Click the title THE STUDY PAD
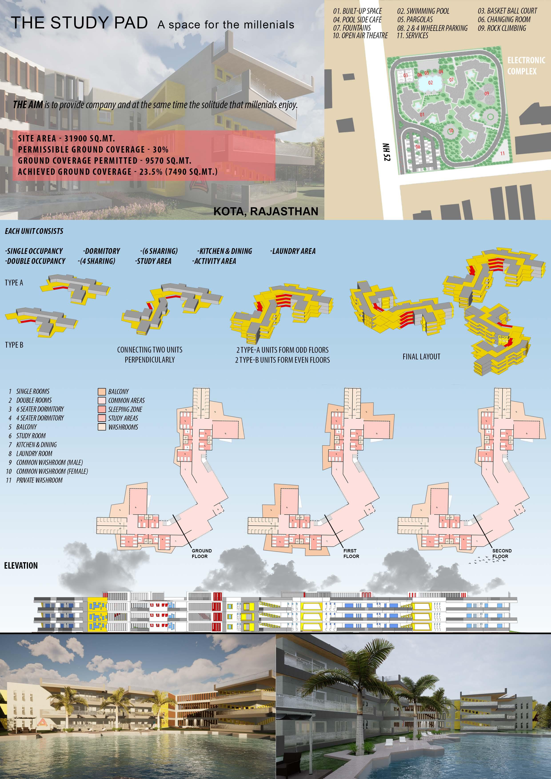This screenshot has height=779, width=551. tap(79, 23)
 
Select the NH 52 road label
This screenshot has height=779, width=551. tap(386, 152)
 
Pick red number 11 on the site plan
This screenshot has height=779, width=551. tap(502, 153)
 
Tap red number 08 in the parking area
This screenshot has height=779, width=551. tap(418, 147)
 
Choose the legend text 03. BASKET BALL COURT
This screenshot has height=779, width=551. tap(507, 11)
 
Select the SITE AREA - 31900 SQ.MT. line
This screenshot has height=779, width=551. tap(66, 138)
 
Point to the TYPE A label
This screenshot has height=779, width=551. tap(14, 283)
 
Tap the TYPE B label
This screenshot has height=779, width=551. tap(14, 345)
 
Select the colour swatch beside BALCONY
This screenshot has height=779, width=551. tap(102, 392)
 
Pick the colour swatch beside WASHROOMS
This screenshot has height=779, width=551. tap(102, 427)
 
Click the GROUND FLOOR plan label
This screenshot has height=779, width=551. tap(201, 553)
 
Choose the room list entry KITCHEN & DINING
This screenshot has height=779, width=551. tap(36, 444)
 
